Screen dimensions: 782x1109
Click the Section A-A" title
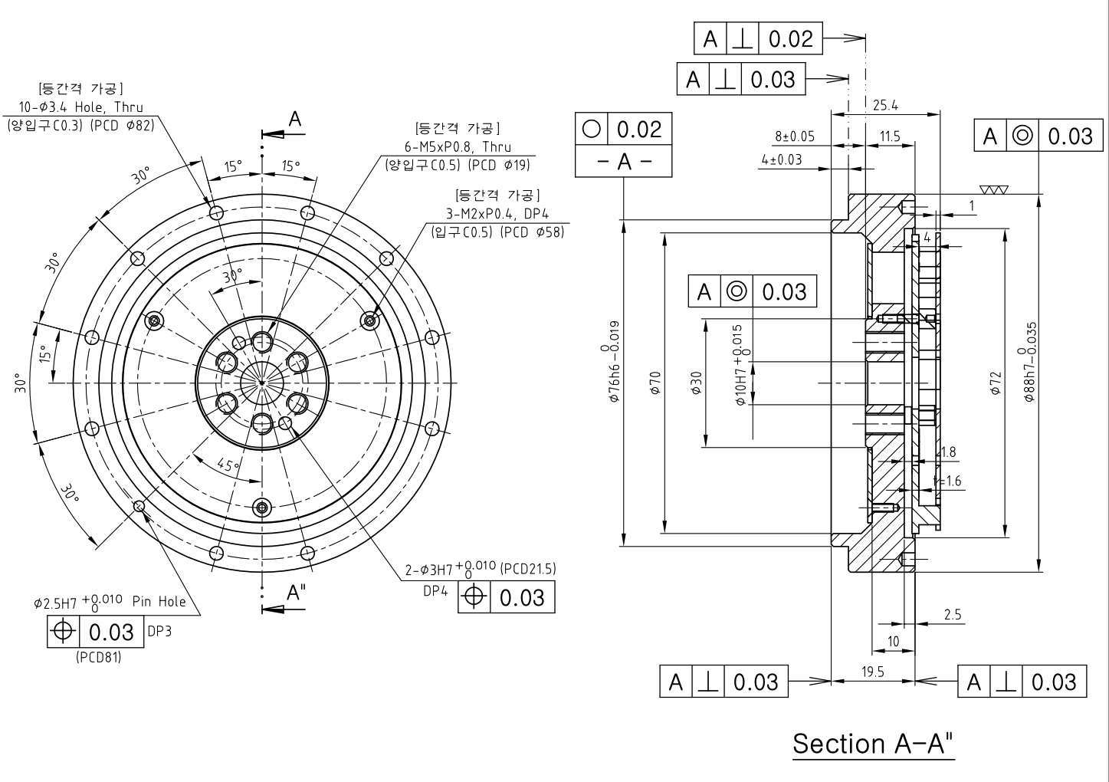click(x=874, y=743)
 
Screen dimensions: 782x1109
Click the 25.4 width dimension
click(x=885, y=105)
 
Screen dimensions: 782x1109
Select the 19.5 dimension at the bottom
click(x=872, y=672)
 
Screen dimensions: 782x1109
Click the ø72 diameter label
click(x=995, y=383)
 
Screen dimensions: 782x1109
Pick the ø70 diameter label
click(x=655, y=383)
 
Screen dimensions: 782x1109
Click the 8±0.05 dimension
click(x=794, y=137)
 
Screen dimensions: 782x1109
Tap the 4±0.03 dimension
click(x=782, y=159)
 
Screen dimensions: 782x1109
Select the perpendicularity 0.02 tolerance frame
click(x=757, y=38)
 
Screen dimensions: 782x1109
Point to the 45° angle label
click(x=228, y=465)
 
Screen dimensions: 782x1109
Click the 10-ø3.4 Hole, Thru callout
click(x=80, y=108)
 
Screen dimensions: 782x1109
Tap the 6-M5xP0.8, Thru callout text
click(x=458, y=146)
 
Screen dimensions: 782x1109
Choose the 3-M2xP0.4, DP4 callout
click(x=497, y=214)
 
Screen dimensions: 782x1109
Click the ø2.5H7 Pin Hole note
click(x=110, y=602)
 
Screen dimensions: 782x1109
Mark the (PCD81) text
click(x=99, y=657)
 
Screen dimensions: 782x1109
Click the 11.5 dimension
click(x=890, y=137)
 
